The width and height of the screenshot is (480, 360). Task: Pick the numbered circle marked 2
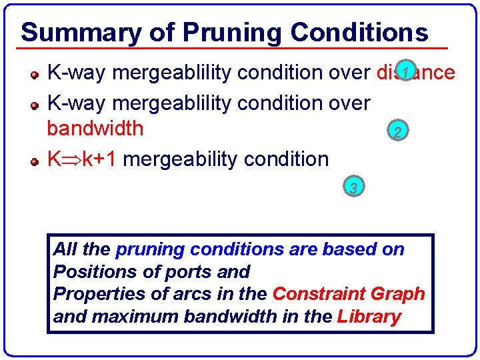(x=397, y=131)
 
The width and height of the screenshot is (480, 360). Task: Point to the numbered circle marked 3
(x=353, y=188)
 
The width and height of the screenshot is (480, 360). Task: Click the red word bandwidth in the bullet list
(x=95, y=128)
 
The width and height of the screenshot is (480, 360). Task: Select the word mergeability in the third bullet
(x=180, y=159)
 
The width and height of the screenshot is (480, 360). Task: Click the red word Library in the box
(x=369, y=316)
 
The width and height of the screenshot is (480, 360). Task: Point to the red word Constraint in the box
(x=317, y=294)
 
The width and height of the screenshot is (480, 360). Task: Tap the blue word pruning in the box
(x=150, y=250)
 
